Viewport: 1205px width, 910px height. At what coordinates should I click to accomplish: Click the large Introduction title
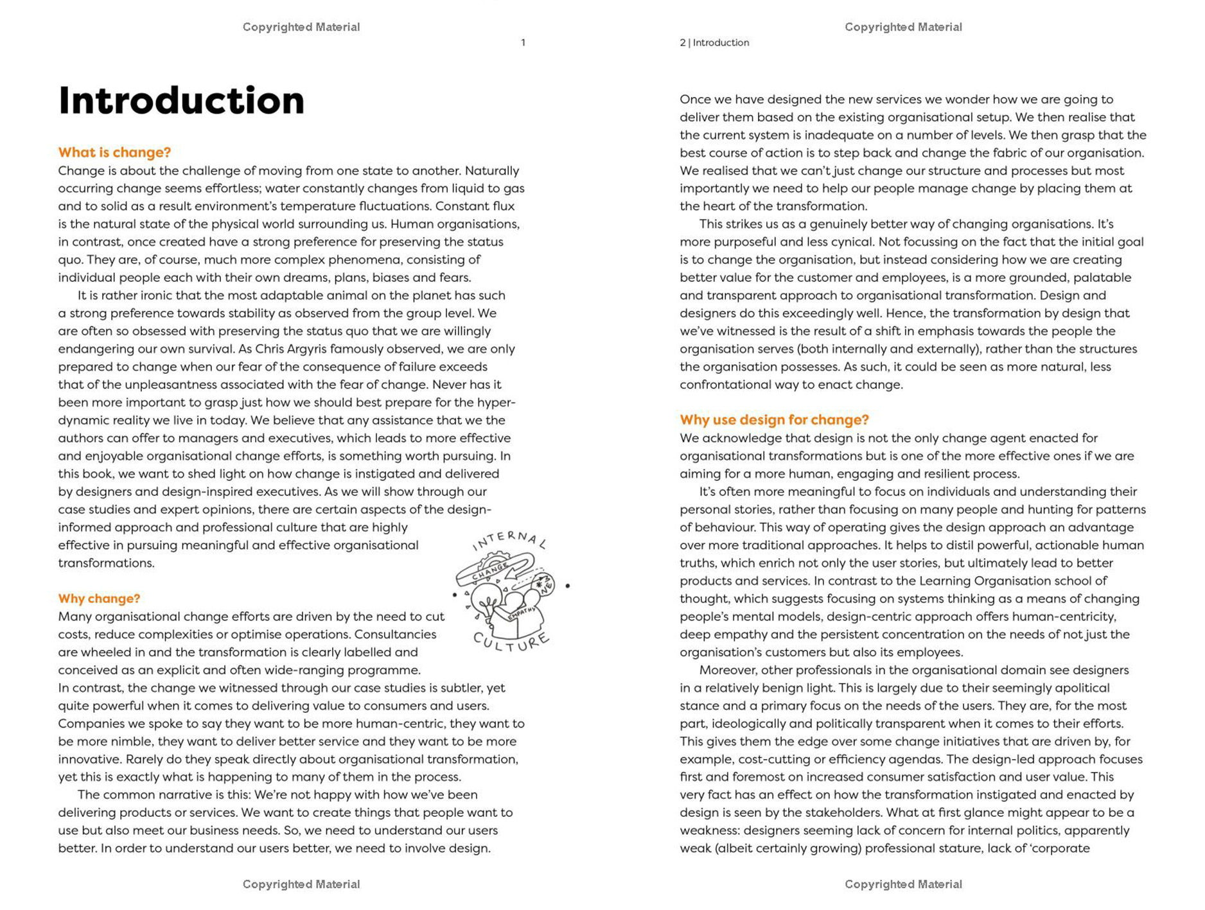[181, 101]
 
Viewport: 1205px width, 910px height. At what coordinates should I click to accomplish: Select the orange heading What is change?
[114, 152]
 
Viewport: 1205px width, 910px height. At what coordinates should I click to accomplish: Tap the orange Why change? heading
[99, 599]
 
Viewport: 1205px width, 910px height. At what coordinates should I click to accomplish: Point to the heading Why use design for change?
[774, 419]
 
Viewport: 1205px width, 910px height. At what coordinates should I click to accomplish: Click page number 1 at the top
[523, 43]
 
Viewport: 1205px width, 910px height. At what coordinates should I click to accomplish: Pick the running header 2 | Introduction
[714, 43]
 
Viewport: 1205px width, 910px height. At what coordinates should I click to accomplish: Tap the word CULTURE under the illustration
[511, 643]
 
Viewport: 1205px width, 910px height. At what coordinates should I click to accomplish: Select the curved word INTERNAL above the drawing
[509, 540]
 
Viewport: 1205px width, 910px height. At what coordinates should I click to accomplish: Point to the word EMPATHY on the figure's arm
[522, 614]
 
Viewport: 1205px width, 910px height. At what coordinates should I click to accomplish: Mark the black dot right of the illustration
[568, 586]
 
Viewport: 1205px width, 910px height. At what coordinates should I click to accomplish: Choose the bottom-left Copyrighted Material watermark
[301, 884]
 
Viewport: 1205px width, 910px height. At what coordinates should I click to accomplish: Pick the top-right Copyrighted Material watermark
[902, 27]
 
